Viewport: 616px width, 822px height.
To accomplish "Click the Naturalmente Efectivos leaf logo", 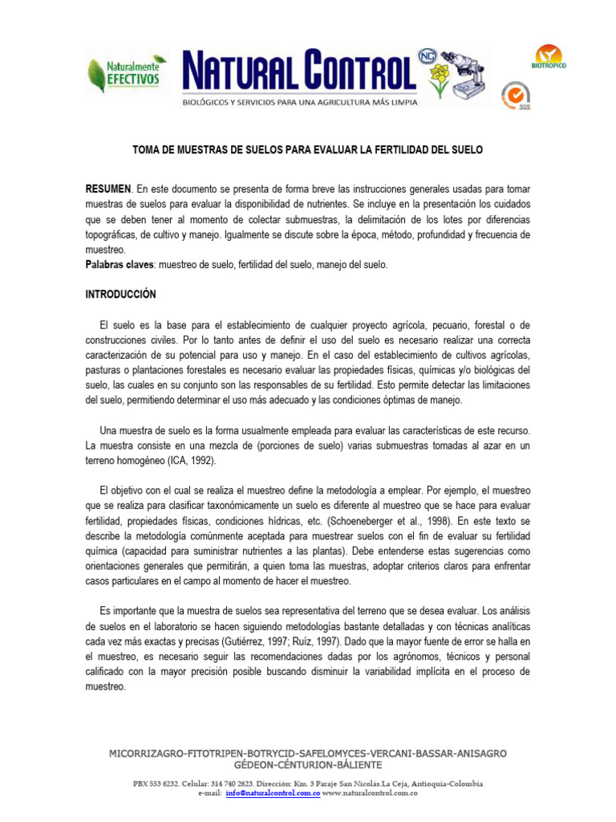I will [128, 73].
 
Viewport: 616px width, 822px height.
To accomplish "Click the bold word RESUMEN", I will [107, 188].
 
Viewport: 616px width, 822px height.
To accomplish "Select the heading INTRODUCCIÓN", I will [121, 295].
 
